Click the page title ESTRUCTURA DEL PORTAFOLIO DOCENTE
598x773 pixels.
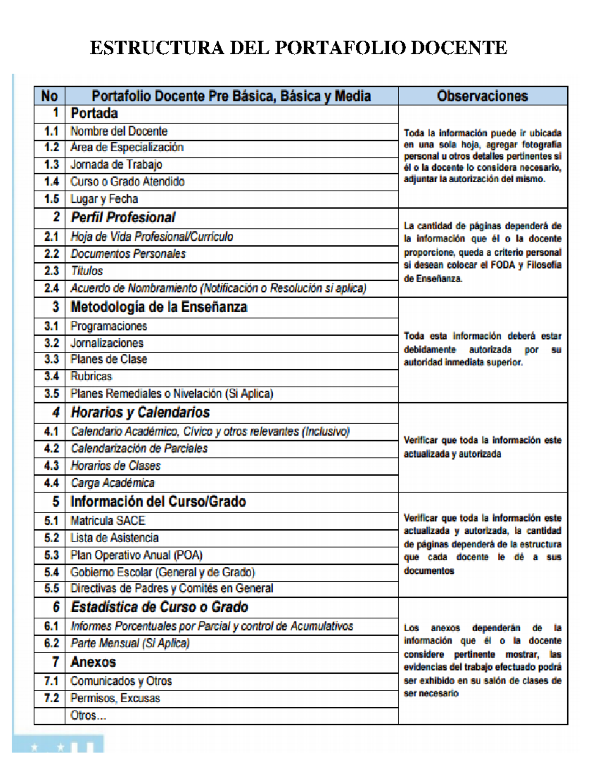[298, 48]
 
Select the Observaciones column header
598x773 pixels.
[482, 96]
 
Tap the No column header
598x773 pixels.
[49, 96]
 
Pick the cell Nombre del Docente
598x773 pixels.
[119, 131]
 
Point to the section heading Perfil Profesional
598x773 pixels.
[123, 218]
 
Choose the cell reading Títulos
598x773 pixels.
[87, 271]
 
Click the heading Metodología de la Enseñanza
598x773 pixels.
[158, 307]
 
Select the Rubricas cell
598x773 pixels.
[91, 376]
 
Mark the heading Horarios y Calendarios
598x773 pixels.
[140, 413]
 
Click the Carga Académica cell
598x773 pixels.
[113, 483]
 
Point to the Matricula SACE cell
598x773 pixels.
[108, 521]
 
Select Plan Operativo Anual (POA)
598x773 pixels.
[136, 555]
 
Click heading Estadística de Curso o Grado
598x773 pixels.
[159, 607]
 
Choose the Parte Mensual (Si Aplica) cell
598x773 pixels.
[130, 643]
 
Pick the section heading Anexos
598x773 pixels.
[93, 662]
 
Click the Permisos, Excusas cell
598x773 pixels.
[115, 698]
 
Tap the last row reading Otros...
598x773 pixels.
[88, 715]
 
